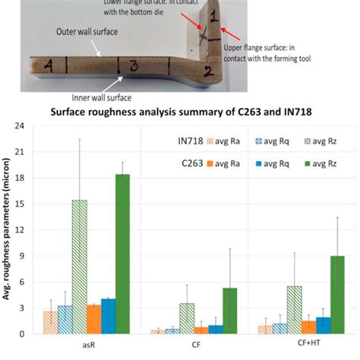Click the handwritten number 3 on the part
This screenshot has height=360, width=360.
[x=134, y=67]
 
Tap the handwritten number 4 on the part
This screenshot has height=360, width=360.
[x=48, y=67]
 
